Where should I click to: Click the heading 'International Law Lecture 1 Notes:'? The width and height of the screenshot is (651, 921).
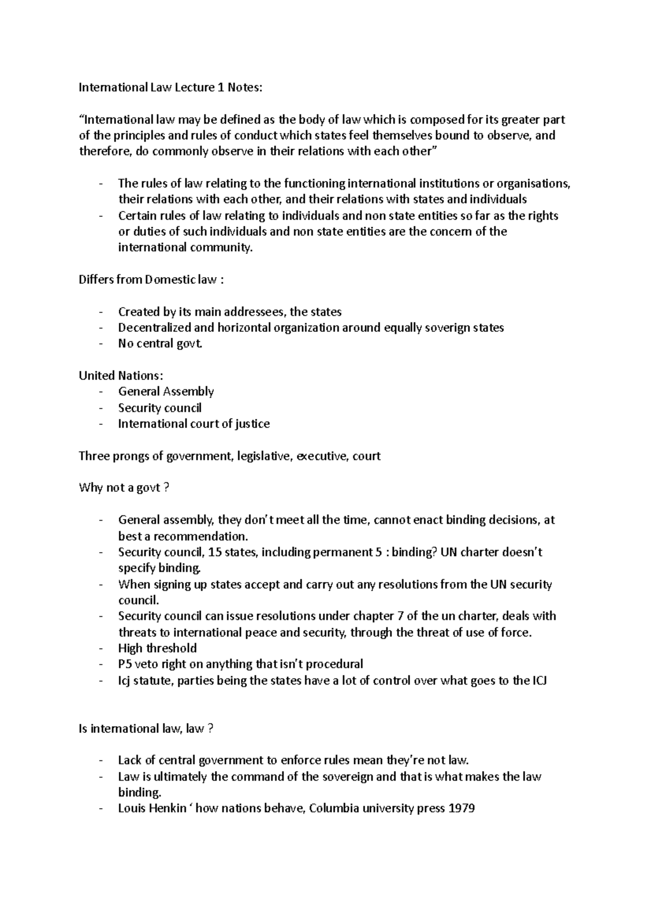(x=170, y=87)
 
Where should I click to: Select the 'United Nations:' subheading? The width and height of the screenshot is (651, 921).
(x=120, y=375)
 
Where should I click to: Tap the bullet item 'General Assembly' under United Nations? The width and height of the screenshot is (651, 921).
(x=166, y=392)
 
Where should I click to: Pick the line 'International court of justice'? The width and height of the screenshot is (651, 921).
(x=194, y=424)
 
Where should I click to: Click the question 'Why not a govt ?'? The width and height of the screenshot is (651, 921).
(x=124, y=488)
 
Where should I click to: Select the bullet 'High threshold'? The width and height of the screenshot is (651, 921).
(x=157, y=648)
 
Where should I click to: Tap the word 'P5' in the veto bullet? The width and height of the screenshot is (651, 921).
(x=125, y=664)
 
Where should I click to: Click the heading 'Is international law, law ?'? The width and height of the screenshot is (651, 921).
(x=146, y=728)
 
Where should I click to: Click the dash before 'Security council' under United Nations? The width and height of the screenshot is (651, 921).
(x=101, y=408)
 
